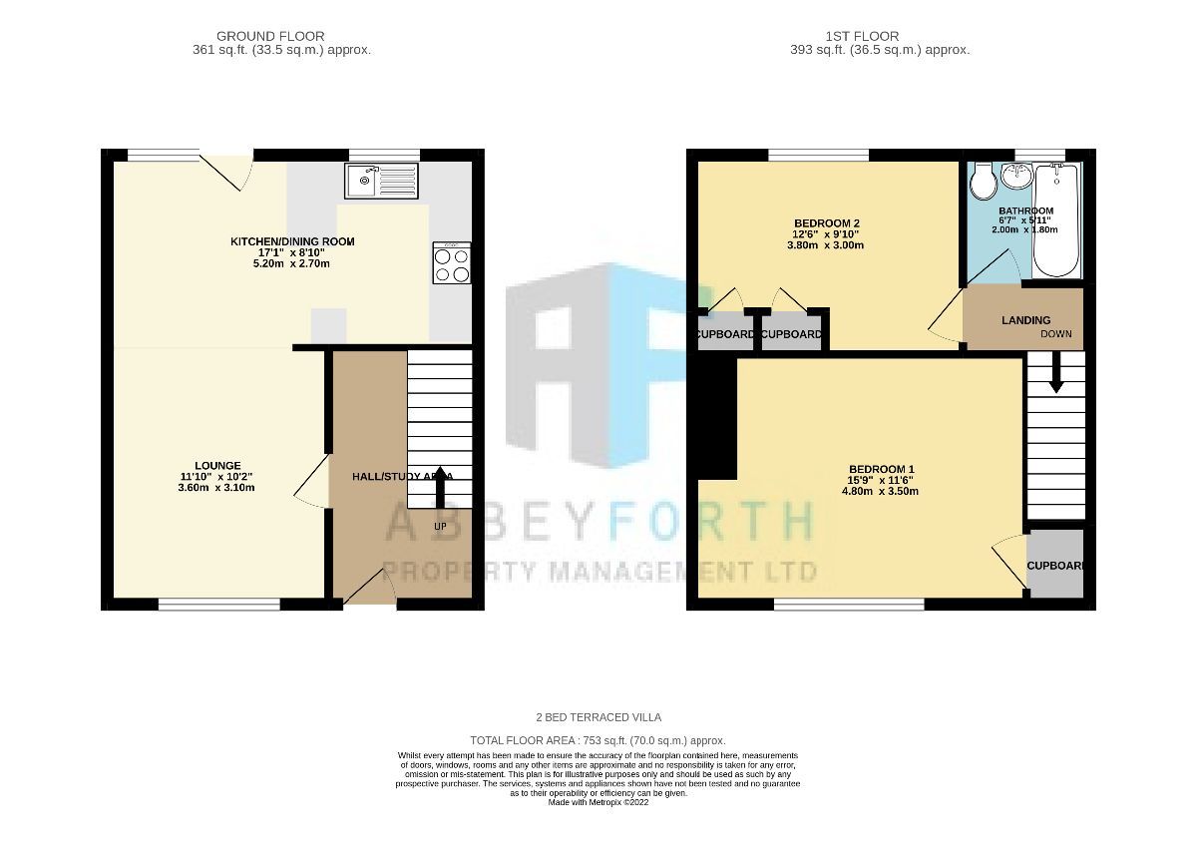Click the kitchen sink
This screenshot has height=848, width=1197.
pyautogui.click(x=383, y=181)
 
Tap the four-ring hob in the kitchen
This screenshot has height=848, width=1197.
pyautogui.click(x=451, y=264)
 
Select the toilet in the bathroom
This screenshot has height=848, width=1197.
pyautogui.click(x=983, y=182)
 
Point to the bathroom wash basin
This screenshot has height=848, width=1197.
pyautogui.click(x=1016, y=177)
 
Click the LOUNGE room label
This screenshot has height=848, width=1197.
pyautogui.click(x=217, y=465)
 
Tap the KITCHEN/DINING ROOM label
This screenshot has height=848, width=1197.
pyautogui.click(x=292, y=241)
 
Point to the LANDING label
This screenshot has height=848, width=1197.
pyautogui.click(x=1025, y=320)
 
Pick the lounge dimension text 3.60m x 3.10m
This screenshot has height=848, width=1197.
pyautogui.click(x=217, y=488)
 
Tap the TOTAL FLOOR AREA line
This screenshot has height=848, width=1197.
pyautogui.click(x=598, y=741)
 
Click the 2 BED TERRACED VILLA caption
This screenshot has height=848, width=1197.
pyautogui.click(x=598, y=717)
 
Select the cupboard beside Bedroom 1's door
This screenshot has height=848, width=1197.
pyautogui.click(x=1055, y=565)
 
